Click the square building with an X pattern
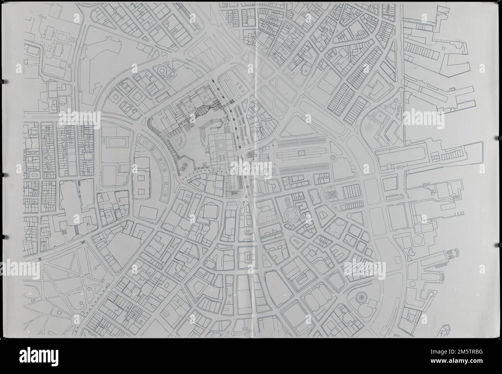coord(331,195)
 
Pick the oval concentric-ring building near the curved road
coord(162,71)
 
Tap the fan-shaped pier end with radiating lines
coord(455,254)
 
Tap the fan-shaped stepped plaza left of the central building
coord(178,140)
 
